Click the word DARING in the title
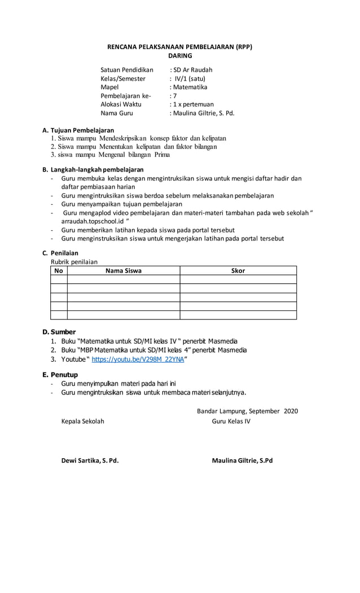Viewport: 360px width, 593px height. tap(180, 56)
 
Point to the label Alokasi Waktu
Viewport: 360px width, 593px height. tap(121, 104)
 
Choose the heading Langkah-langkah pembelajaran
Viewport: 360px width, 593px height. tap(96, 169)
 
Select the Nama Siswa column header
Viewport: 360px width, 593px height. tap(124, 271)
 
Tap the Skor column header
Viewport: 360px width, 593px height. tap(238, 271)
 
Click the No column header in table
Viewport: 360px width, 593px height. tap(59, 271)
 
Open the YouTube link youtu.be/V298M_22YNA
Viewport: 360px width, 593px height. tap(138, 359)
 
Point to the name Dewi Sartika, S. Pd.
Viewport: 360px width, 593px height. tap(90, 460)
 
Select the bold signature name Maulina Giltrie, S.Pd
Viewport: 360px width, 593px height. tap(242, 460)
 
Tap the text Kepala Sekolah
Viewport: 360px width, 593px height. tap(82, 421)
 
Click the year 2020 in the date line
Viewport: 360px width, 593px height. tap(291, 411)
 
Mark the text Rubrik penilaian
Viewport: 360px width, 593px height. tap(74, 262)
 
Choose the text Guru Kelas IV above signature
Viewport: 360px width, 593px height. tap(231, 421)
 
